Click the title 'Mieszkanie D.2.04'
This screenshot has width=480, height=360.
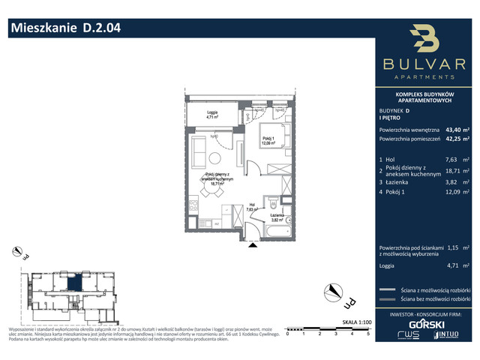64,29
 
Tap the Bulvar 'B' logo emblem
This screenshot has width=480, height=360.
425,42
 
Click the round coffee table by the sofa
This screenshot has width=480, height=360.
215,157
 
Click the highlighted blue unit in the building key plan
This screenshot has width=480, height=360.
76,283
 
